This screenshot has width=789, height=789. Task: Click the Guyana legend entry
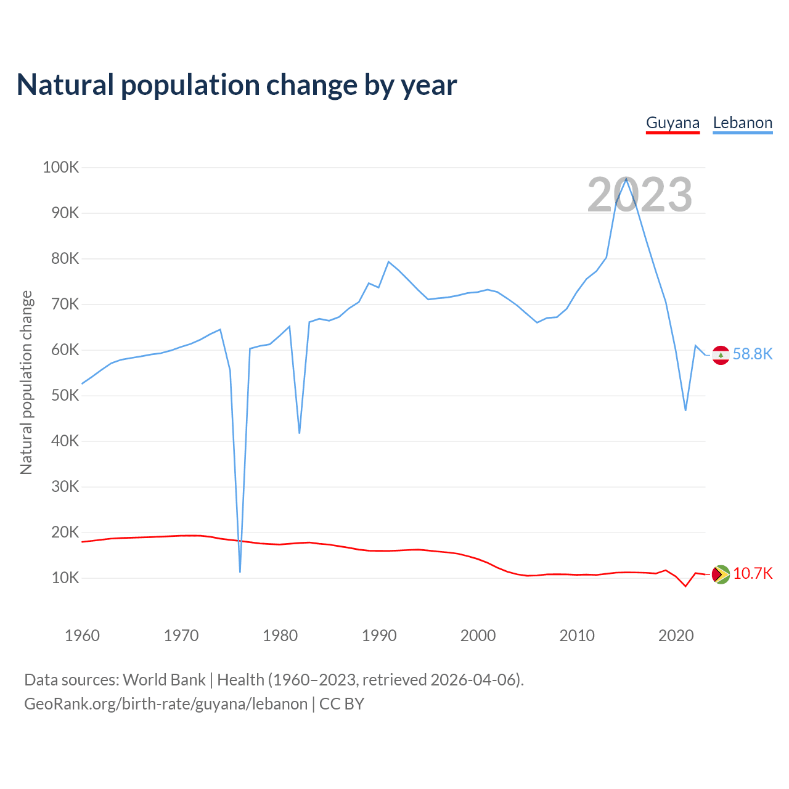point(672,123)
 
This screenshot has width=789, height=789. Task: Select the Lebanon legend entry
point(742,123)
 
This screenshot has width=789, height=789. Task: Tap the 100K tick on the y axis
point(61,167)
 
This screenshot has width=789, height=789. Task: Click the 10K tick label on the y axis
point(65,578)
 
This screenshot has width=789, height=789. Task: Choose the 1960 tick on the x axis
point(82,636)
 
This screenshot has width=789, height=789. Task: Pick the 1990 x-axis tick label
point(379,636)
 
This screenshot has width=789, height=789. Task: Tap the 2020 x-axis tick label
point(676,636)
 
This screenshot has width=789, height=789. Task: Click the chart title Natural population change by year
point(237,85)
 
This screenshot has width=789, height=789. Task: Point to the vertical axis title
point(26,382)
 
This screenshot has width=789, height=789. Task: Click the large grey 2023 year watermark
point(639,195)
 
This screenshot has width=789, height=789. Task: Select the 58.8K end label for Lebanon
point(752,354)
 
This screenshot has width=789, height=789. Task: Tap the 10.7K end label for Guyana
point(753,574)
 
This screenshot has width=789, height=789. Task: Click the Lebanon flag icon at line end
point(721,355)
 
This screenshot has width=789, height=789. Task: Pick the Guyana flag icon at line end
point(721,574)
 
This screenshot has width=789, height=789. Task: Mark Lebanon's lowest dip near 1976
point(240,571)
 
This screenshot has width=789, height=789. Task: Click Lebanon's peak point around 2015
point(626,178)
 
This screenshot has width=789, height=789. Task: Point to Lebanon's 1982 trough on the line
point(300,433)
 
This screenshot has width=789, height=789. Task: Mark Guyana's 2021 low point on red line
point(685,586)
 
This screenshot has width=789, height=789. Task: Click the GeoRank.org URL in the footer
point(166,704)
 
